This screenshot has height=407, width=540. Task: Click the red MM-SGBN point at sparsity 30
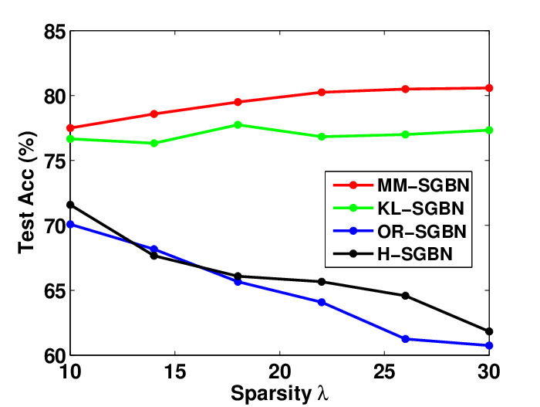tap(488, 88)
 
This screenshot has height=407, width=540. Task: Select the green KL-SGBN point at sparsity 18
tap(238, 124)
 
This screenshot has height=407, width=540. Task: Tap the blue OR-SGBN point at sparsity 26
tap(405, 339)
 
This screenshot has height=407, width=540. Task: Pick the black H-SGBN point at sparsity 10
tap(70, 205)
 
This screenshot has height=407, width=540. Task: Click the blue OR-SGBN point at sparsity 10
tap(70, 225)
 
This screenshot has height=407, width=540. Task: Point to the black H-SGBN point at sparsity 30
tap(488, 331)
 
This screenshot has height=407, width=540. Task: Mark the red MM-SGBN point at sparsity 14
tap(154, 114)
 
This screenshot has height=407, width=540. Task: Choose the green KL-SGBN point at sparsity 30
tap(488, 130)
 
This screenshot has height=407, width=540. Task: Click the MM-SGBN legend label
tap(424, 185)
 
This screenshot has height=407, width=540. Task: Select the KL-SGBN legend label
tap(421, 209)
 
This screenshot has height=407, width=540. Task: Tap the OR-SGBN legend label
tap(422, 232)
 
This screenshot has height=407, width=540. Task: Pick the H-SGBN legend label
tap(415, 254)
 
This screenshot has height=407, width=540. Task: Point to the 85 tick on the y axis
tap(55, 32)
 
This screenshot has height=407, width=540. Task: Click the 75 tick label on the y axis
tap(55, 161)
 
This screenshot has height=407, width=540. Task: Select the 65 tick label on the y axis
tap(55, 290)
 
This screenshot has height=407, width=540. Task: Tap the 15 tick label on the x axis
tap(175, 371)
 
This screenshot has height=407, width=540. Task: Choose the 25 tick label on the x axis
tap(384, 371)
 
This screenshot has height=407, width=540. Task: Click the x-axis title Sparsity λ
tap(279, 393)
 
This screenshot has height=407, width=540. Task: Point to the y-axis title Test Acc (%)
tap(27, 192)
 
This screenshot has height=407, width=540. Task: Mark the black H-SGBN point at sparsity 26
tap(405, 296)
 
